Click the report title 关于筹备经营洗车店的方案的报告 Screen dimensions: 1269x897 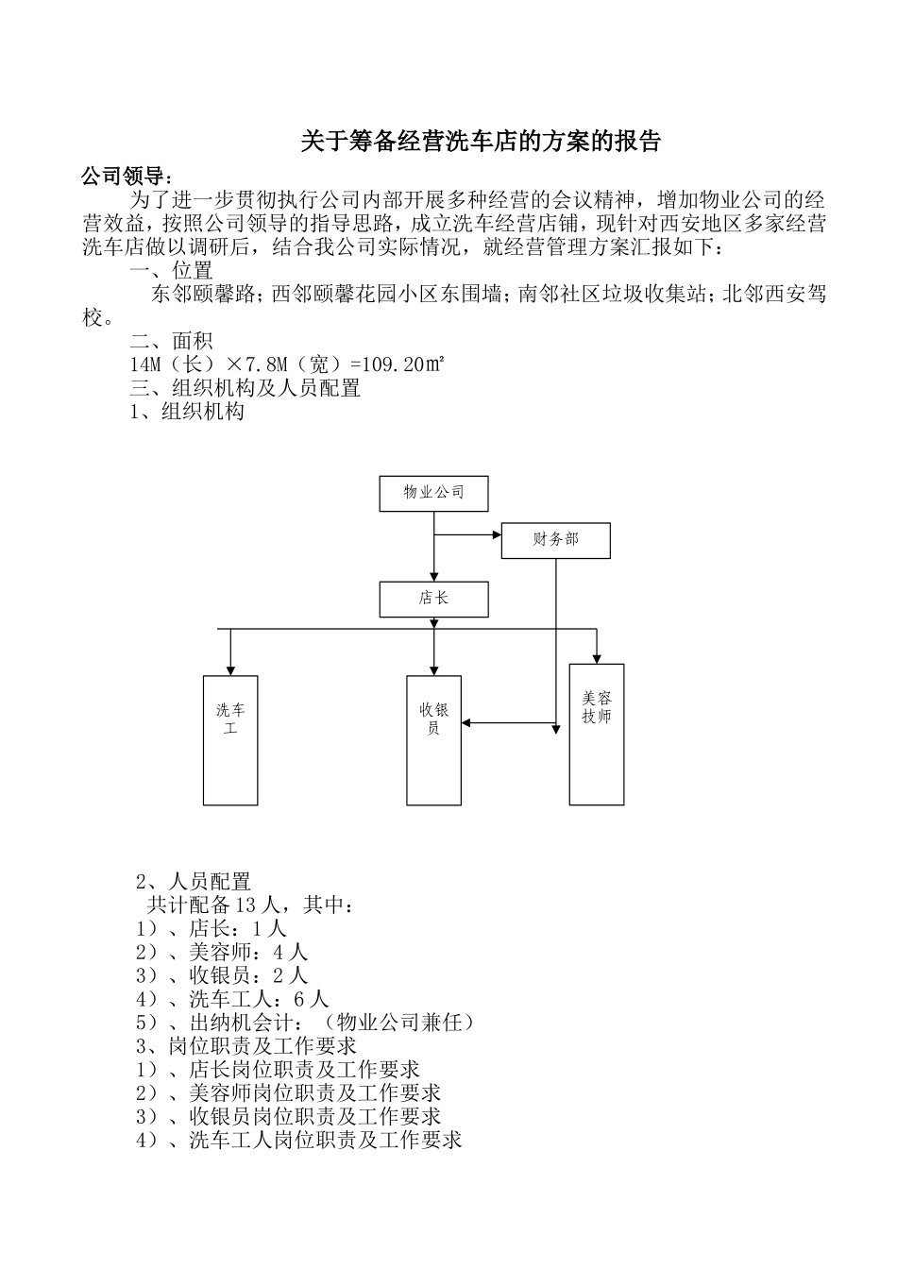coord(481,142)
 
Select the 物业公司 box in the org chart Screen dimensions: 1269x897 coord(434,493)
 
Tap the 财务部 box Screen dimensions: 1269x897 coord(555,540)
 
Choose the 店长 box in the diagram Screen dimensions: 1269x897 coord(434,599)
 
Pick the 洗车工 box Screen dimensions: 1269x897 coord(230,740)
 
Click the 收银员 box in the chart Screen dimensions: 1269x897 coord(434,740)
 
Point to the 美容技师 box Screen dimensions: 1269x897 coord(597,734)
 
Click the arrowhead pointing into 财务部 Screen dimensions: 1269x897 coord(496,535)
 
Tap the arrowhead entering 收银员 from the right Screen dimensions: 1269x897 coord(467,724)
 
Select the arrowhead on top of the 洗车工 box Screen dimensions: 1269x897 coord(230,670)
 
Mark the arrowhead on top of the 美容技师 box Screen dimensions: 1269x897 coord(597,659)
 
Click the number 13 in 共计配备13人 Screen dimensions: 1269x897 coord(245,905)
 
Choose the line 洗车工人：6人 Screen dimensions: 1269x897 coord(232,998)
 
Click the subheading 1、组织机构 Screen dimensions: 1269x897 coord(187,411)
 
